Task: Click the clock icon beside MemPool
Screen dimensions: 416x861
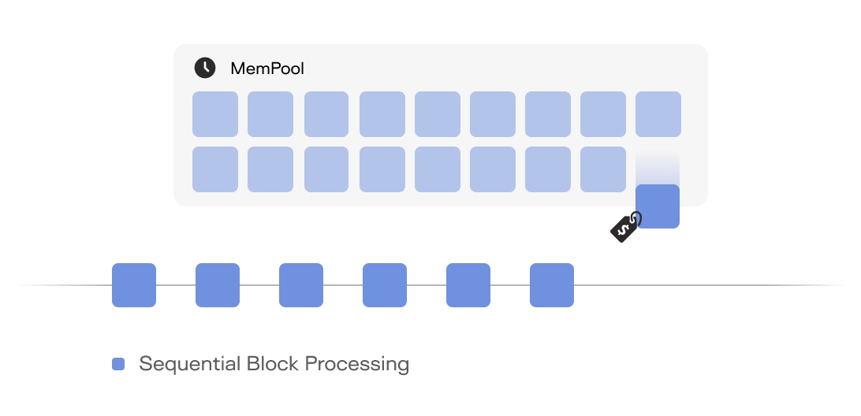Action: [205, 68]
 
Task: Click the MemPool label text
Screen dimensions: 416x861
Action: [267, 69]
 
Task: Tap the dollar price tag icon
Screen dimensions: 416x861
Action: [626, 227]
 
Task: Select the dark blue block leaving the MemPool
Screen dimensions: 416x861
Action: [658, 206]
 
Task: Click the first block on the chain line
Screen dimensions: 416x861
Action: [134, 285]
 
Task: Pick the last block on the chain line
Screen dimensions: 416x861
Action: [552, 285]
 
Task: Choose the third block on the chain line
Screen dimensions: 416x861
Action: [301, 285]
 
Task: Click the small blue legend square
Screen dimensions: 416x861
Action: [118, 364]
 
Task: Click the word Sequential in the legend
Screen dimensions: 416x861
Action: [189, 364]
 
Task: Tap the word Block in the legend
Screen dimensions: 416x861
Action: [273, 364]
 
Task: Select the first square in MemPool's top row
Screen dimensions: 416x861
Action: [215, 114]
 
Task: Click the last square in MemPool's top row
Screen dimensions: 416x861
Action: [658, 114]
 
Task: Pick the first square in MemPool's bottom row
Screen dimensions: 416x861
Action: [215, 169]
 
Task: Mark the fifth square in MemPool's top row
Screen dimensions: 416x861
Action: [438, 114]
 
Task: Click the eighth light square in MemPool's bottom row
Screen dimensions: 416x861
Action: [603, 169]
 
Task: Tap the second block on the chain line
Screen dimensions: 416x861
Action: [218, 285]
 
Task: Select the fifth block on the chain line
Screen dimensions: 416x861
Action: [468, 285]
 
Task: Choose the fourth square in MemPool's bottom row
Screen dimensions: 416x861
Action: [382, 169]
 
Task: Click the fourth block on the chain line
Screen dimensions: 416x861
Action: [385, 285]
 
